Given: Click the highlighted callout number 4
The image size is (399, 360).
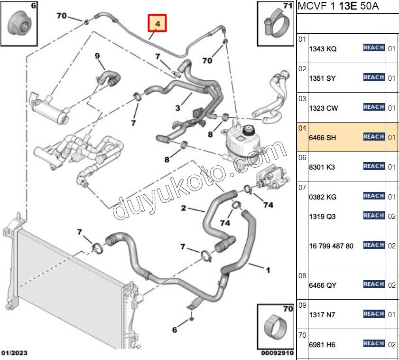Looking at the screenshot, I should click(x=158, y=23).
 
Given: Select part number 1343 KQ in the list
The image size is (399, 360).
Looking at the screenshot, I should click(x=323, y=48).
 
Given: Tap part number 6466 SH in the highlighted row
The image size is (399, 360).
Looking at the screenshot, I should click(x=323, y=137).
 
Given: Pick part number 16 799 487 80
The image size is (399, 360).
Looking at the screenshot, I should click(x=331, y=246).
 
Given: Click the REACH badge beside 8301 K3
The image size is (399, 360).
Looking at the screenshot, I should click(x=373, y=166).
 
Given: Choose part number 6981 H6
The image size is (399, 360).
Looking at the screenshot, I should click(x=322, y=344).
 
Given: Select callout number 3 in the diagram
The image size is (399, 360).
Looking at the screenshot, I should click(x=177, y=108).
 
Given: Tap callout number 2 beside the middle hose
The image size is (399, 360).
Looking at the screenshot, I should click(x=183, y=208).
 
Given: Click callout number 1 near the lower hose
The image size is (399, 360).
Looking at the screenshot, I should click(x=268, y=271).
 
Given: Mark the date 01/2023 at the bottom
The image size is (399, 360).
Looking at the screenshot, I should click(x=14, y=353).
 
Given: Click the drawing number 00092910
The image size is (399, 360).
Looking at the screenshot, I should click(x=277, y=353).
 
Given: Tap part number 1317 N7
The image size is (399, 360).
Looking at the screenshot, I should click(x=322, y=314).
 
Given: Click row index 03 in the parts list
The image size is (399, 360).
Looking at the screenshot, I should click(x=302, y=98).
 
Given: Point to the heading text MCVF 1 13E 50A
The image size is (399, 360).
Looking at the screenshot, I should click(x=339, y=7).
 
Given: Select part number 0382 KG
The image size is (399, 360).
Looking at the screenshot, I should click(x=323, y=197).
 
